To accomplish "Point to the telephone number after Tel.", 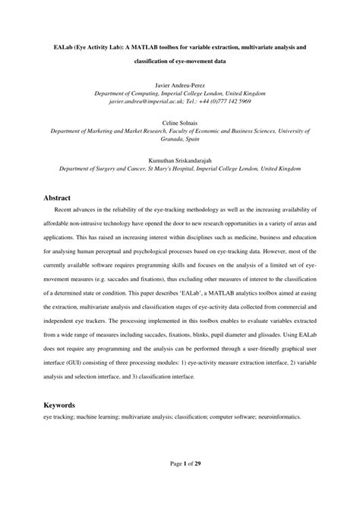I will click(224, 100).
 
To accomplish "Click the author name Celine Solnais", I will click(180, 122).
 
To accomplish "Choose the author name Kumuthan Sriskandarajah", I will click(180, 160).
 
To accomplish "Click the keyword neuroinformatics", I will click(277, 417).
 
